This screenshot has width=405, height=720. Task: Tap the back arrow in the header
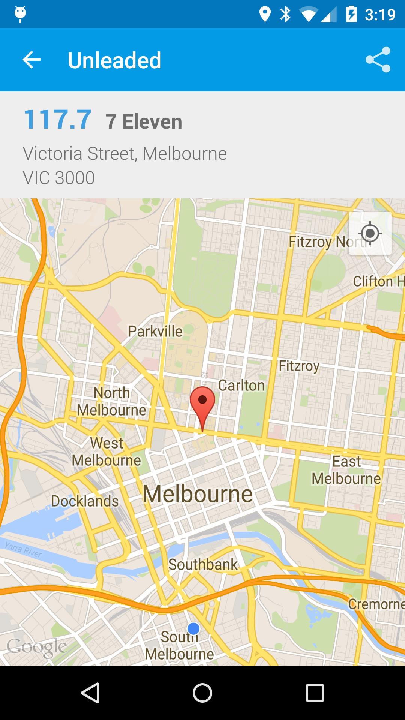click(31, 60)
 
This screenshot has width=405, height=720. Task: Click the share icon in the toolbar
click(378, 60)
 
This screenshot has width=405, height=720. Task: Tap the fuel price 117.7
click(57, 120)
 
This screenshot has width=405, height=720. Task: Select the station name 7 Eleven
click(144, 121)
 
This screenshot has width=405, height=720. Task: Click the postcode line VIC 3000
click(59, 178)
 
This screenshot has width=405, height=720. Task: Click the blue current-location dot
click(193, 628)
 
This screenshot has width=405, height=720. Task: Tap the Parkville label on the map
click(155, 331)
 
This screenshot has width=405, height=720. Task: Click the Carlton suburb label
click(241, 385)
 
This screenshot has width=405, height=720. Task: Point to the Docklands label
click(85, 501)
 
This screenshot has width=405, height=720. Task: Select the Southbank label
click(202, 564)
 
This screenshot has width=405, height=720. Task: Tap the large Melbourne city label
click(198, 494)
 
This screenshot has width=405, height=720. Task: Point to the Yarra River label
click(23, 549)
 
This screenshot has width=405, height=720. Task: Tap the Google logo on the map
click(37, 647)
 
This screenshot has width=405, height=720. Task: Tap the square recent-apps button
click(315, 693)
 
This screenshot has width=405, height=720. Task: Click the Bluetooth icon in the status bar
click(286, 14)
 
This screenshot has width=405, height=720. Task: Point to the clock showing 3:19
click(380, 15)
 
